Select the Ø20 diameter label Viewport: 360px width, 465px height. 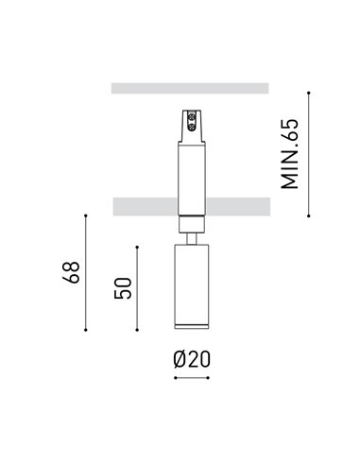[191, 359]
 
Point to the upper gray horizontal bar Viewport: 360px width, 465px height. [190, 89]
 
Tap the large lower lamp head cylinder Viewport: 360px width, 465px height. [191, 284]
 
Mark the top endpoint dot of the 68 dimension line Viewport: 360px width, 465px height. [86, 216]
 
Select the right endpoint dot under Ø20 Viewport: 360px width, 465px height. [208, 379]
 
